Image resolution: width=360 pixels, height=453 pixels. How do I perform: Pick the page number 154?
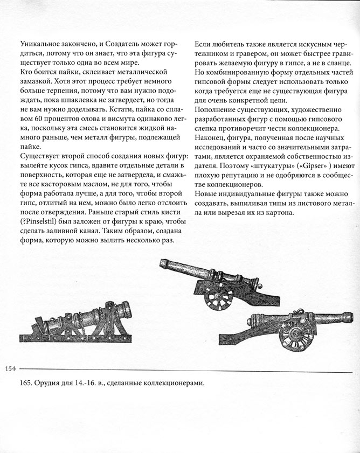pyautogui.click(x=11, y=368)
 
